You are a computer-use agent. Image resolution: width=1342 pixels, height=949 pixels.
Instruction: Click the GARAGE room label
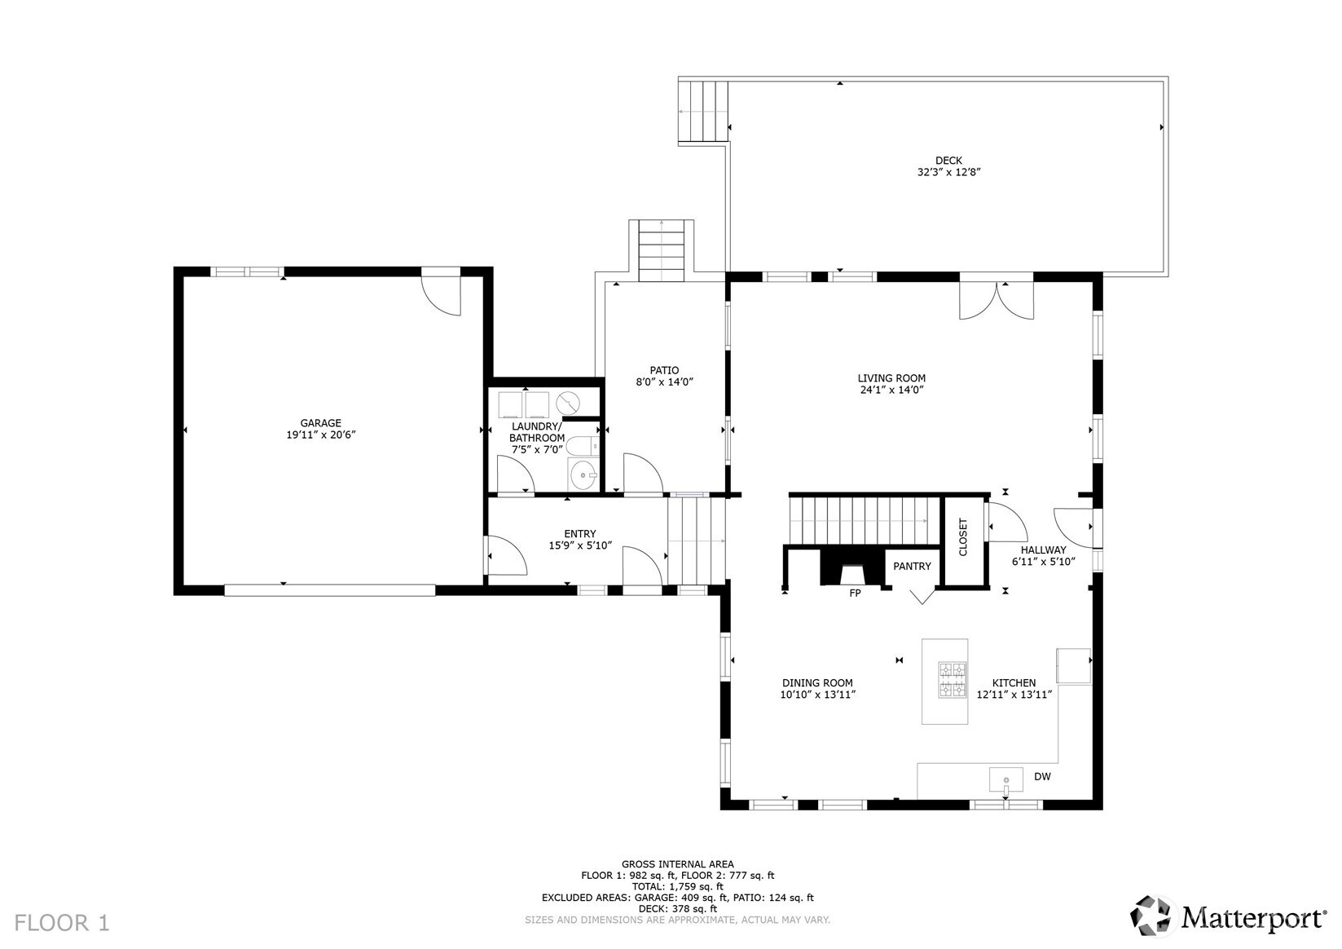click(x=320, y=422)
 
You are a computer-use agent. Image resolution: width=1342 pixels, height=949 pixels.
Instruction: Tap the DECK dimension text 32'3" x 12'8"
click(x=948, y=172)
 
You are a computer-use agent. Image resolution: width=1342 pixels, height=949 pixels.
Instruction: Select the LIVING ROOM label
click(x=891, y=378)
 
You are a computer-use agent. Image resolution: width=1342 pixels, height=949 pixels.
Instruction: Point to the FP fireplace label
click(x=855, y=593)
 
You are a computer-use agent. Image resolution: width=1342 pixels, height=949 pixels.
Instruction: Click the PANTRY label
click(x=912, y=566)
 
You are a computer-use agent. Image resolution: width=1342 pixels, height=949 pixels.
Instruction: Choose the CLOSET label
click(x=963, y=537)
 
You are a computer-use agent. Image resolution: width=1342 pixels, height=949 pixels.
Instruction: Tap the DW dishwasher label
click(x=1042, y=776)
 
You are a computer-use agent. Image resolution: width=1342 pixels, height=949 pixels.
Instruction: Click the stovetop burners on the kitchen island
click(x=953, y=681)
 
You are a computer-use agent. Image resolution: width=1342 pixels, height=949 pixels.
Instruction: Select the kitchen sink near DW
click(x=1006, y=780)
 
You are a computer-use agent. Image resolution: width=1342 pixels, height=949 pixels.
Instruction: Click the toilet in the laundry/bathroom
click(x=583, y=447)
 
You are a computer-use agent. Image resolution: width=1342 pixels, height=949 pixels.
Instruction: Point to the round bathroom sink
click(x=583, y=476)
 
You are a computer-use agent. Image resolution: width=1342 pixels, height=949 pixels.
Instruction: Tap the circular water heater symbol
click(x=567, y=402)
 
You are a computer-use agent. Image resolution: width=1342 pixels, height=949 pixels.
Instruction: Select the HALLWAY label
click(x=1044, y=550)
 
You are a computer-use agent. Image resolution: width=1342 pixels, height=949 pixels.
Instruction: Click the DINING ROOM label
click(x=817, y=683)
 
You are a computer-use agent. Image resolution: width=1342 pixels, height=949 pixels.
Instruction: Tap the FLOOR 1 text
click(x=62, y=923)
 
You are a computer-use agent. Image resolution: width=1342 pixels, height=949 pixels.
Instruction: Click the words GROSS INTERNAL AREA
click(x=678, y=864)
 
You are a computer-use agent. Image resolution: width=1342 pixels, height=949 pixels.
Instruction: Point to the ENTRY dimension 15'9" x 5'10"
click(x=580, y=545)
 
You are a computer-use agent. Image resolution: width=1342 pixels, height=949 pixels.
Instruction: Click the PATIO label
click(x=664, y=370)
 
